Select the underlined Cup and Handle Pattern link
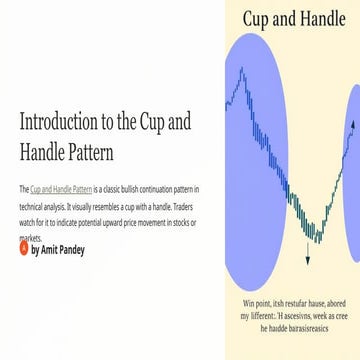pyautogui.click(x=63, y=189)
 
